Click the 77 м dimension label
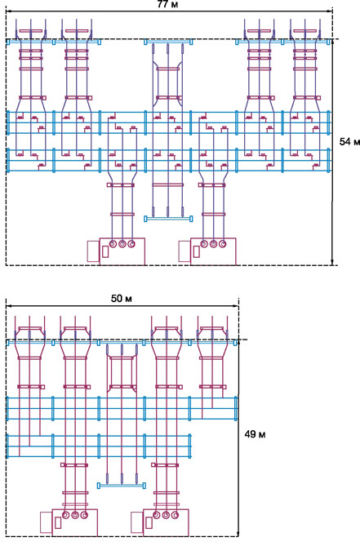coord(167,4)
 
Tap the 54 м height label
coord(349,141)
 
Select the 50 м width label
coord(122,299)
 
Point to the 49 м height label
coord(255,434)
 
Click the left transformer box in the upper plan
coord(122,251)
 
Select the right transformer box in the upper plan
coord(213,251)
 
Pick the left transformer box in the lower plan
coord(74,522)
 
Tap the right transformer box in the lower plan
coord(166,522)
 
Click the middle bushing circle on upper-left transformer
coord(122,244)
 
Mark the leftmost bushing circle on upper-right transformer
coord(204,244)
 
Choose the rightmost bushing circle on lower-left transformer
coord(84,515)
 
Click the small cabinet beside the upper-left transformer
coord(93,251)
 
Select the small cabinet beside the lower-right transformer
coord(137,522)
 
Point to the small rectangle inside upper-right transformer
coord(196,251)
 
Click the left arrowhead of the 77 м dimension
coord(8,11)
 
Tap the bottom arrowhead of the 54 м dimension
coord(332,262)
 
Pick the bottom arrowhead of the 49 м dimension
coord(238,534)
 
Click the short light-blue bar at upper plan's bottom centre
coord(168,219)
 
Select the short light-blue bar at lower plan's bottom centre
coord(122,486)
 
